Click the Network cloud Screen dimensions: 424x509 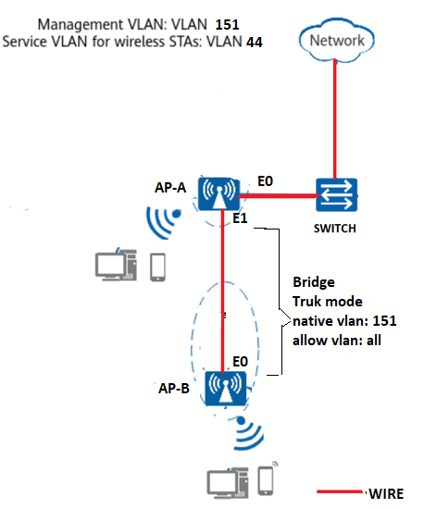click(x=337, y=40)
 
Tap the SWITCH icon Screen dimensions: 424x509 click(x=336, y=194)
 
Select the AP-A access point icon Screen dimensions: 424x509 click(x=218, y=193)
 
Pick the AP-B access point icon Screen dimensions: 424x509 click(x=226, y=389)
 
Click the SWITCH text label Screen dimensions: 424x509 click(x=335, y=229)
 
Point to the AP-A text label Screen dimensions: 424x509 click(x=170, y=188)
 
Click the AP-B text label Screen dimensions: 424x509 click(x=174, y=389)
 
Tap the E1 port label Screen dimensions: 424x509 click(x=240, y=218)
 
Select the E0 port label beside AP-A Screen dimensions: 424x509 click(x=265, y=181)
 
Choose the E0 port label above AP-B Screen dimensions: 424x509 click(x=241, y=361)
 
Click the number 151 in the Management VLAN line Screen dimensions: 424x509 click(x=227, y=25)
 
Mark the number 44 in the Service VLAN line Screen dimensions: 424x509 click(x=255, y=43)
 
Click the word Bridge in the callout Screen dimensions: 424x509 click(x=314, y=282)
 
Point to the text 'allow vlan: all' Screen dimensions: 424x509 click(x=337, y=341)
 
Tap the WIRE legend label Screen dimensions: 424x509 click(x=386, y=494)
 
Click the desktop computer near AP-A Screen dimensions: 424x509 click(x=116, y=265)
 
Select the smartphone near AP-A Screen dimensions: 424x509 click(x=157, y=267)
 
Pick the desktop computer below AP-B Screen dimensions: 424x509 click(x=228, y=483)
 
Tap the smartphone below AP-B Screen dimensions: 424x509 click(x=267, y=479)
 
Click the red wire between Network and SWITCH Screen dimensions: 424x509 click(x=335, y=118)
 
